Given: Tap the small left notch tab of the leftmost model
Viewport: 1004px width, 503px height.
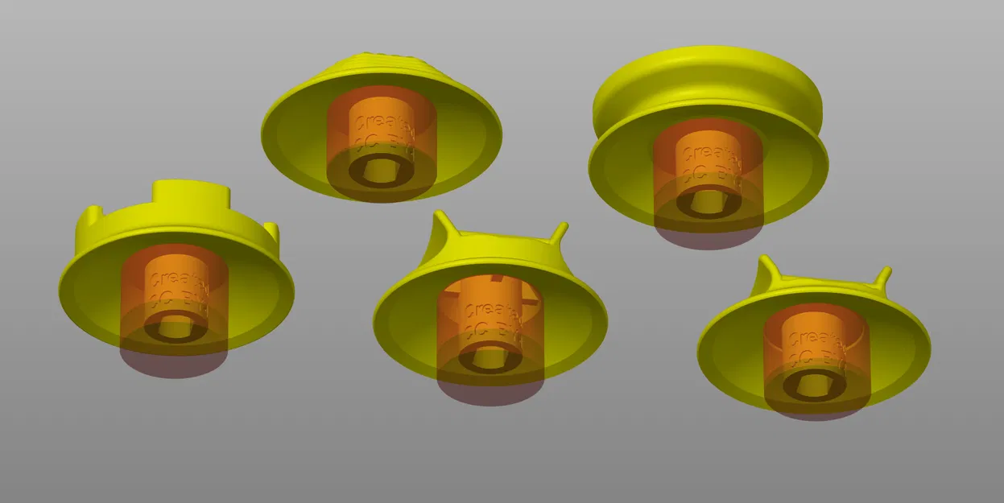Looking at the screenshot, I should coord(91,217).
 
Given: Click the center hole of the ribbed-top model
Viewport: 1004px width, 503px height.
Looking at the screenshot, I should coord(381,170).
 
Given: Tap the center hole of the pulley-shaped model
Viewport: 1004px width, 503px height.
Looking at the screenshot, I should coord(709,200).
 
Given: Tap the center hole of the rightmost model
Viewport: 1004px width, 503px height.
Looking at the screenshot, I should coord(816,386).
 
